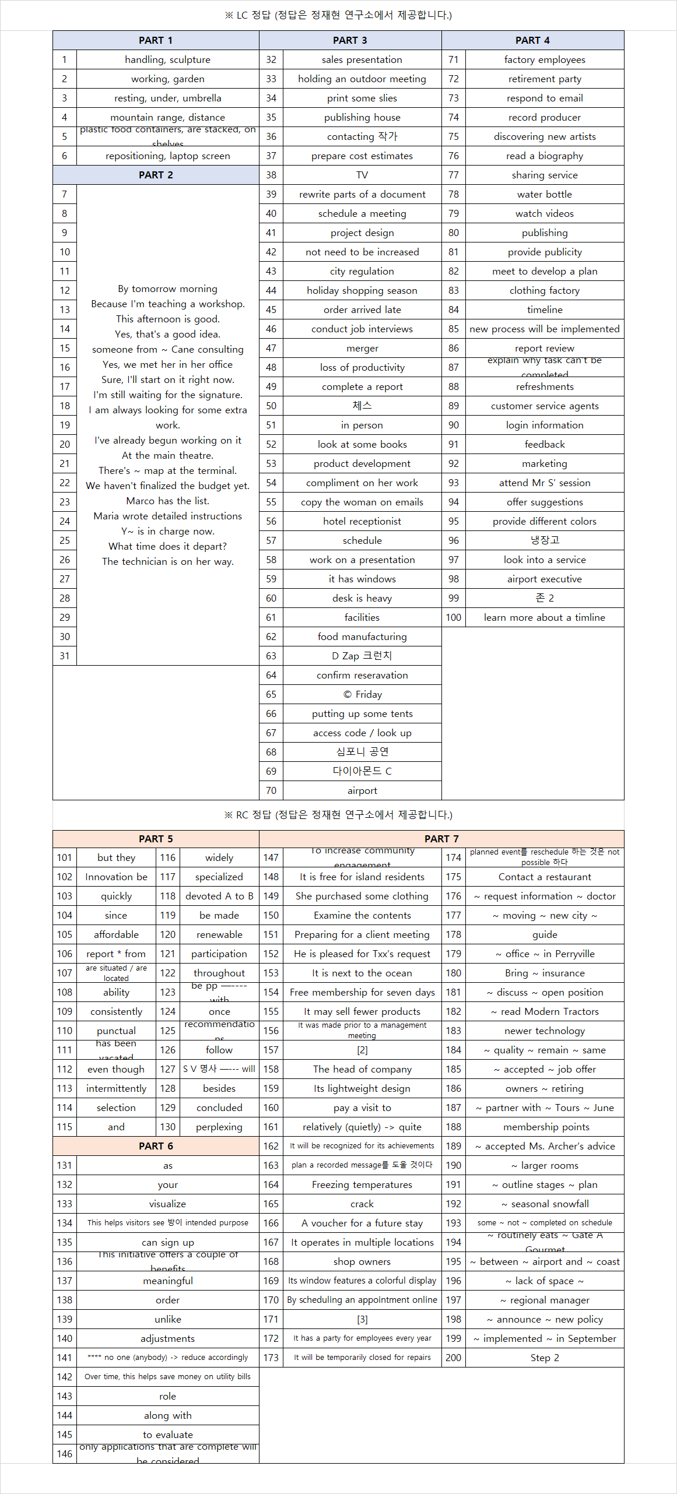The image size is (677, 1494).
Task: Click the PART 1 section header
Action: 156,40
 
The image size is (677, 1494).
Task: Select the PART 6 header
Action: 156,1146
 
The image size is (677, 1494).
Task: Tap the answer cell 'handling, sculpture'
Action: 167,59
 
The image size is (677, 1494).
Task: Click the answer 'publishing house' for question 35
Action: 362,117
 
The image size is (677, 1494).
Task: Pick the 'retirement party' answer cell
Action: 545,79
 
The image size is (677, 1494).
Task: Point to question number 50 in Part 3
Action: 271,406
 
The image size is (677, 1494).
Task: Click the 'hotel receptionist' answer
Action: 362,521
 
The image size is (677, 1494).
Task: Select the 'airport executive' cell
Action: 545,579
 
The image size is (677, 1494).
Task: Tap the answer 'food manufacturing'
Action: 362,637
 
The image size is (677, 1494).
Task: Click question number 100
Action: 454,617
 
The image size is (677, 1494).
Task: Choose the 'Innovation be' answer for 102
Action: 116,877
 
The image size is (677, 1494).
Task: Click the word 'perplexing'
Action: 219,1127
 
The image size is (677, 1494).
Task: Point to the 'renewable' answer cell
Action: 219,934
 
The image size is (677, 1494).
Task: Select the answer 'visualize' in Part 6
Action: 167,1204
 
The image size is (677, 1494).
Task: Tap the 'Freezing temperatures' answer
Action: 362,1184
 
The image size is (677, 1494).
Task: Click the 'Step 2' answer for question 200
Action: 545,1358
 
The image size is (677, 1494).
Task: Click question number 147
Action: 271,857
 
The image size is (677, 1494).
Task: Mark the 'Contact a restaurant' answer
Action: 545,877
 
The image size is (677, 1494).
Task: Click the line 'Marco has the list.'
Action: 167,501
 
